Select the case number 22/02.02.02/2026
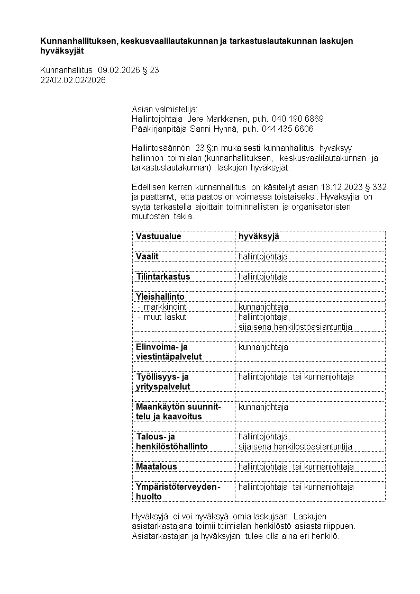[x=73, y=80]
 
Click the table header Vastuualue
[x=158, y=236]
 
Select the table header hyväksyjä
[x=259, y=236]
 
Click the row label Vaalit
[x=147, y=256]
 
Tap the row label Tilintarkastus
[x=163, y=276]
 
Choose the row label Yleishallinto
[x=160, y=296]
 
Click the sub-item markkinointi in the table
[x=166, y=307]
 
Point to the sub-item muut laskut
[x=165, y=317]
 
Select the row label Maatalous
[x=157, y=466]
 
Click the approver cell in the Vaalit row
[x=263, y=256]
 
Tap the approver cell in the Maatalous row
[x=296, y=466]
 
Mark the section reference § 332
[x=380, y=186]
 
